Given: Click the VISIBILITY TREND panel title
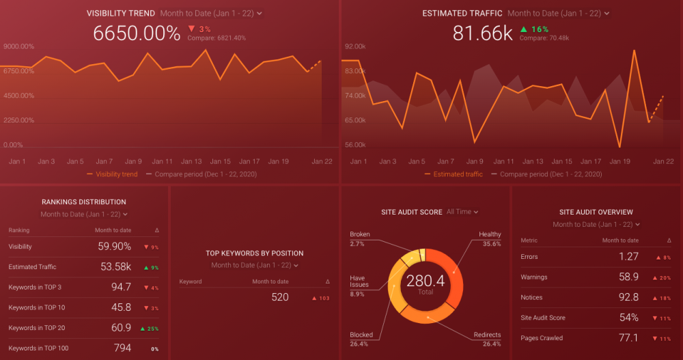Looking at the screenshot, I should coord(120,13).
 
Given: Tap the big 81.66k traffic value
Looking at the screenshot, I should coord(482,33).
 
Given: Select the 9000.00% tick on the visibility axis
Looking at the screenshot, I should coord(18,46).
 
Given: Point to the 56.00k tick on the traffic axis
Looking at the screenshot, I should coord(354,145).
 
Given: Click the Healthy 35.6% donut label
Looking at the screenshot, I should coord(490,239).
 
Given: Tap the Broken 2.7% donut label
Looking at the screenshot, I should coord(359,239).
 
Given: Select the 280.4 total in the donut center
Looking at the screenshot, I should coord(425,281).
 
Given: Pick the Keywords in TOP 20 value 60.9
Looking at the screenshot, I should coord(120,328).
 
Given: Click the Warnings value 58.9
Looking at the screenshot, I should coord(628,277).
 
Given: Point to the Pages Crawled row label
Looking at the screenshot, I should coord(542,338).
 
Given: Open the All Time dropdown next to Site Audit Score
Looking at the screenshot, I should coord(462,212).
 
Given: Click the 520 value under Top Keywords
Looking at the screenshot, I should coord(279,297).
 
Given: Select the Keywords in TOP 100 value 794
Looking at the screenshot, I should coord(122,348).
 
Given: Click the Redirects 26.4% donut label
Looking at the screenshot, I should coord(487,339).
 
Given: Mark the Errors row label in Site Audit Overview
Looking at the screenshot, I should coord(529,257).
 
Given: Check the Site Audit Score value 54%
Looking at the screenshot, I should coord(628,318).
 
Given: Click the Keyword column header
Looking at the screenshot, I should coord(191,281).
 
